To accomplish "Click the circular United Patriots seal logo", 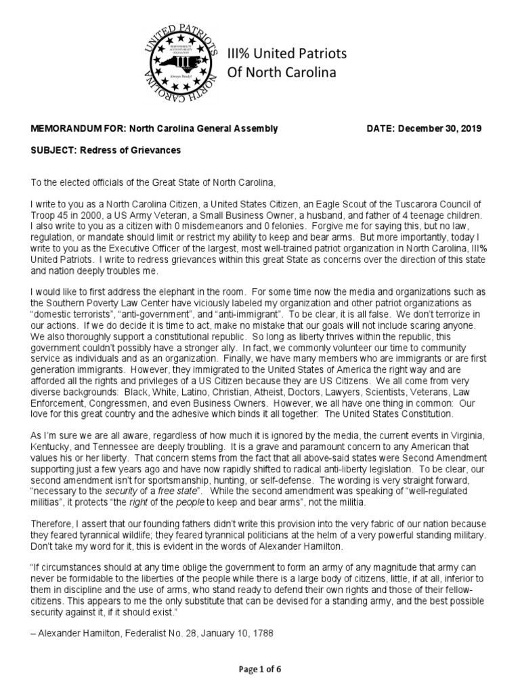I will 179,62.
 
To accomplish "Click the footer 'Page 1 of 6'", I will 259,670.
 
